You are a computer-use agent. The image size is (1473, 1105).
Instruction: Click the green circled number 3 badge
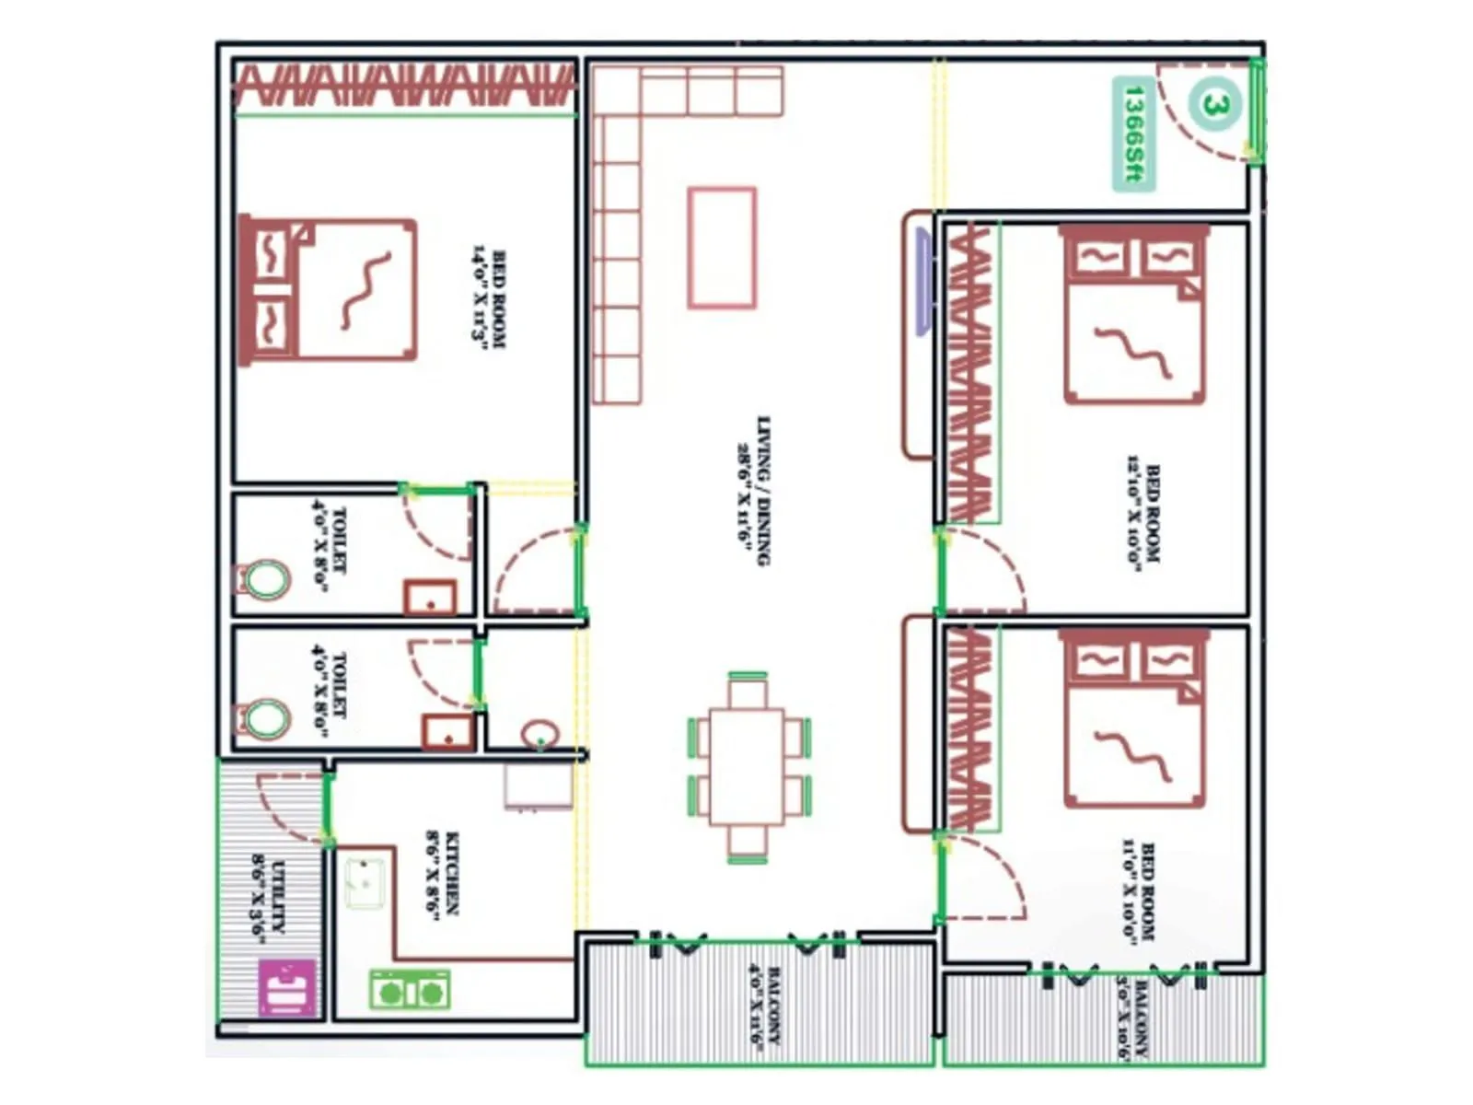[x=1214, y=104]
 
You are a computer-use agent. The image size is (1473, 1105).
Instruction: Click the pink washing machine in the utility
[x=286, y=987]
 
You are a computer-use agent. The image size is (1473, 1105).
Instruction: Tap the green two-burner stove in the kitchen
[x=410, y=990]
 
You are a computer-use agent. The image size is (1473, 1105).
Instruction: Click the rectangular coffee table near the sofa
[x=723, y=247]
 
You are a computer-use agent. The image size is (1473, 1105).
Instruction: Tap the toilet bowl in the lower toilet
[x=265, y=718]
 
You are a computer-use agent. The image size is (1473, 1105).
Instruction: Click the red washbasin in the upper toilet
[x=430, y=597]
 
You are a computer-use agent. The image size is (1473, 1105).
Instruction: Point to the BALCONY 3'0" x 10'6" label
[x=1133, y=1020]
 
